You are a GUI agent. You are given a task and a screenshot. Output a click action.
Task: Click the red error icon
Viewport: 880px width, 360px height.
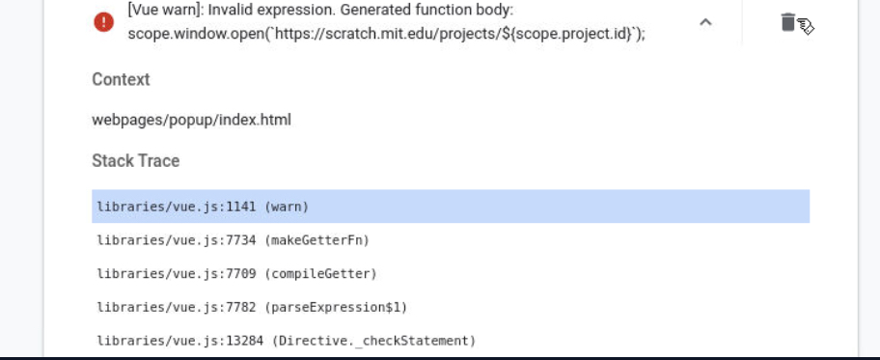[x=104, y=22]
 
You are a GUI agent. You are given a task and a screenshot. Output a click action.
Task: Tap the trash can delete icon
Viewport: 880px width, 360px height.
[x=788, y=22]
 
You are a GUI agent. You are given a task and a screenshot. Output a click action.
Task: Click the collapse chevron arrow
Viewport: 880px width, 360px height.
[x=705, y=22]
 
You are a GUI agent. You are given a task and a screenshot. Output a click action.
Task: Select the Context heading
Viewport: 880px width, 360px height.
[x=121, y=79]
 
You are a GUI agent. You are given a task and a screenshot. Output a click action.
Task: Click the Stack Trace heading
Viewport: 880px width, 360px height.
[x=135, y=160]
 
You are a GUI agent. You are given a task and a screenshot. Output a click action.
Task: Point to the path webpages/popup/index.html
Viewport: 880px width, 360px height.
[x=191, y=120]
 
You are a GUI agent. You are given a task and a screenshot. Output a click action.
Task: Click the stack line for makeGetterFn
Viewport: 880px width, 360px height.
[x=233, y=240]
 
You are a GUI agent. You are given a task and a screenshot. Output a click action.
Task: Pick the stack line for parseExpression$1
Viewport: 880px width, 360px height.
[x=252, y=307]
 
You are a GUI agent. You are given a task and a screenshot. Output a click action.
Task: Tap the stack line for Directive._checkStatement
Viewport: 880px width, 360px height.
[x=287, y=341]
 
